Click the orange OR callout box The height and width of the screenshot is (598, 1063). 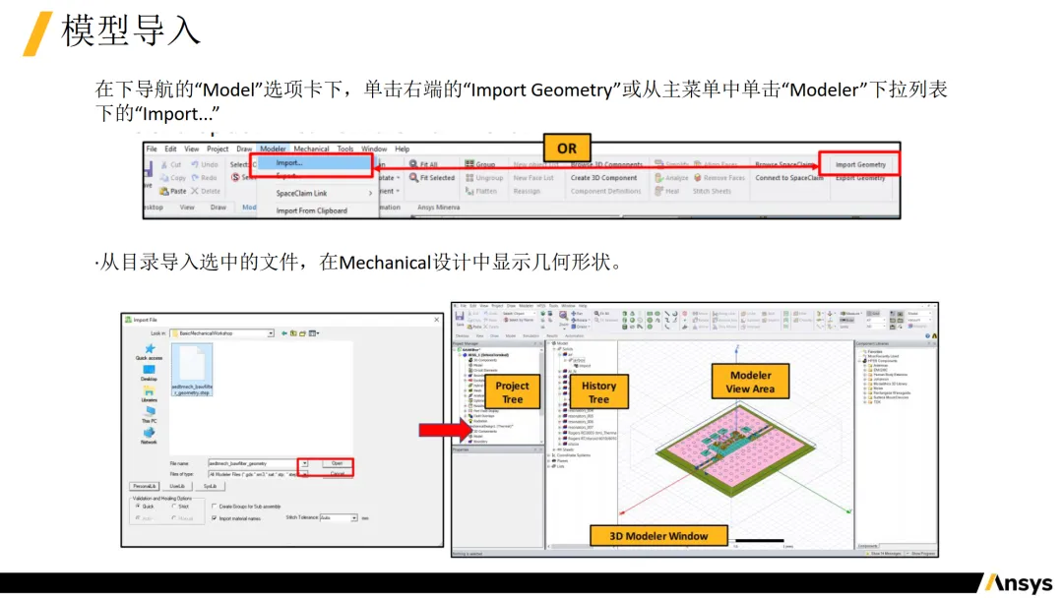tap(567, 149)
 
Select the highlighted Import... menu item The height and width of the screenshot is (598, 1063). tap(289, 163)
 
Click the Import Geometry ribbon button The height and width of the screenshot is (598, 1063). tap(860, 164)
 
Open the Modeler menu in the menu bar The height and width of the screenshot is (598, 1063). tap(273, 149)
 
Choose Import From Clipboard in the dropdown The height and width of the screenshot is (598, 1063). tap(311, 210)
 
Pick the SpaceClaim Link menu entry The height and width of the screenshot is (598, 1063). tap(301, 193)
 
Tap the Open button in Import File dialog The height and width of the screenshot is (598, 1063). tap(337, 462)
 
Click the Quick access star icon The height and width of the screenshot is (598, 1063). tap(150, 348)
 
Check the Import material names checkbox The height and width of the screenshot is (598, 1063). tap(215, 517)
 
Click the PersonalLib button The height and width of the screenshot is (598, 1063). tap(145, 486)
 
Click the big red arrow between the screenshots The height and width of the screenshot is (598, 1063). tap(443, 429)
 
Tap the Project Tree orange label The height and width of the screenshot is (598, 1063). tap(512, 392)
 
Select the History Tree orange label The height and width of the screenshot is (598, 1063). tap(598, 392)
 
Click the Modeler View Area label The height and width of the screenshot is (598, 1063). tap(750, 382)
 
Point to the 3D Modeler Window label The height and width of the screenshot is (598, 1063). tap(658, 536)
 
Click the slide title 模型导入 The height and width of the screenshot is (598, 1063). tap(131, 30)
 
